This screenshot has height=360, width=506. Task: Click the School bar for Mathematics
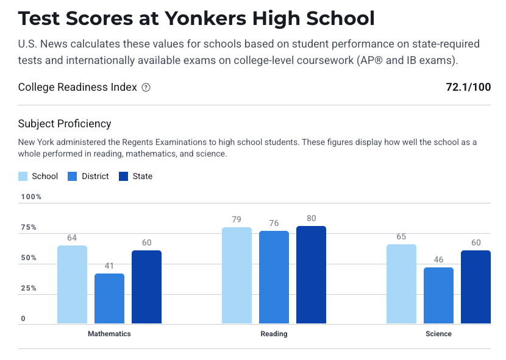72,284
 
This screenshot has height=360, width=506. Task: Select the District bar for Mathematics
109,298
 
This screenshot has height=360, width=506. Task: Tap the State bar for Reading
311,275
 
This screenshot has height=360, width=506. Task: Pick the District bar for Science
438,295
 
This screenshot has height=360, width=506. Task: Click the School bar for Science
401,284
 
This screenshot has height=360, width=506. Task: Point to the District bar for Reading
274,277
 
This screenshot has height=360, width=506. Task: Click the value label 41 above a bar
109,266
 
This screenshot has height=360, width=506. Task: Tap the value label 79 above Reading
237,219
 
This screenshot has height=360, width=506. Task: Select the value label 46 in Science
438,259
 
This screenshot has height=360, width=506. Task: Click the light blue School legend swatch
23,177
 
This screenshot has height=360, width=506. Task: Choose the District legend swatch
74,177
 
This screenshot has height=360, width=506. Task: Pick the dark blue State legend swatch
124,177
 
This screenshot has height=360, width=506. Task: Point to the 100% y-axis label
31,197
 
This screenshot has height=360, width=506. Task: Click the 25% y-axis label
29,288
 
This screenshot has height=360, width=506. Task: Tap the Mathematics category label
109,334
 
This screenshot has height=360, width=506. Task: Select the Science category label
438,334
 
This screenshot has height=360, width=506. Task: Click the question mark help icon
146,88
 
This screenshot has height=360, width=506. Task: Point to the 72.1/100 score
468,87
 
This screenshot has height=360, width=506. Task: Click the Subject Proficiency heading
65,124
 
